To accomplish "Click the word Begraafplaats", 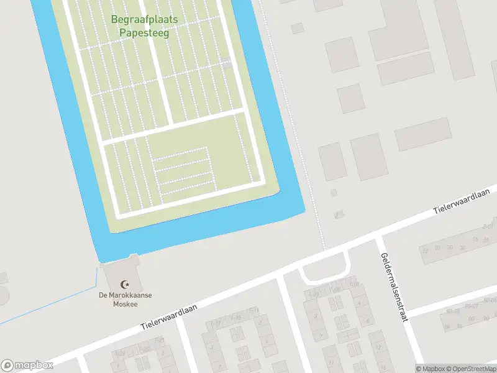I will (145, 19).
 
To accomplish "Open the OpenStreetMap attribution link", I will (470, 369).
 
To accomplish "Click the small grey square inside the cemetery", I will (227, 64).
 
